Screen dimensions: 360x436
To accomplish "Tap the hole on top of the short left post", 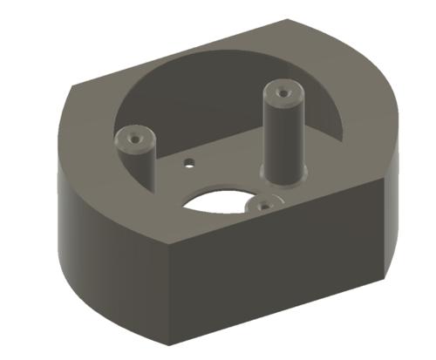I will click(x=133, y=137).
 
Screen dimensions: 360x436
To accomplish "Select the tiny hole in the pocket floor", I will click(x=187, y=162).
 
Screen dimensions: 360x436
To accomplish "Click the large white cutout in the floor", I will click(x=218, y=200).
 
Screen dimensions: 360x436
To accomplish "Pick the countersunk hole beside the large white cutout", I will click(x=262, y=205).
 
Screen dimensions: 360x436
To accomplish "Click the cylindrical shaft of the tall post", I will click(x=282, y=135).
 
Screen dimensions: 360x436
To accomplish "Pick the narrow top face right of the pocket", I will click(x=366, y=131).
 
